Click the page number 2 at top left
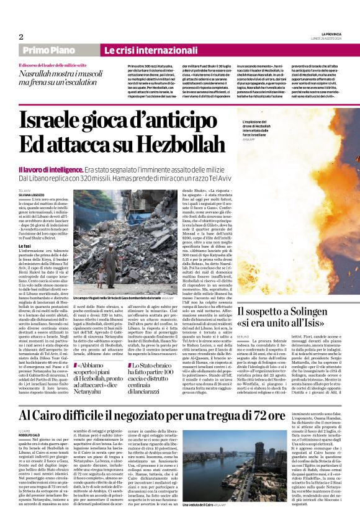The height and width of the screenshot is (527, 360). (20, 37)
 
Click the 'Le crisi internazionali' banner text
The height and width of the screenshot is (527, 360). (138, 50)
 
